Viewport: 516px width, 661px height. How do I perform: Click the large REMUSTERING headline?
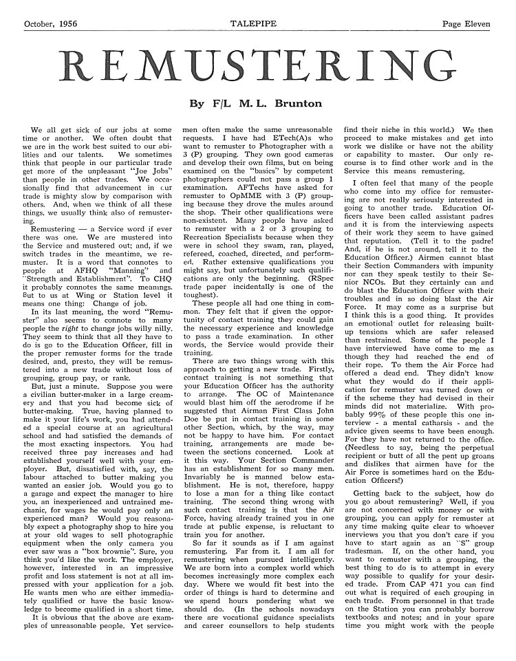(259, 67)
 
